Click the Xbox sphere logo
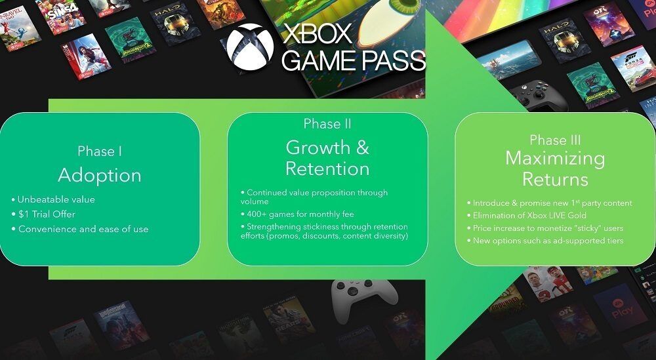tap(250, 47)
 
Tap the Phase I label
tap(100, 151)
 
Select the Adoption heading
tap(100, 175)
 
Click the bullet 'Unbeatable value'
tap(53, 199)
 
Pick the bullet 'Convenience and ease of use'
tap(80, 229)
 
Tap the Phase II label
tap(327, 124)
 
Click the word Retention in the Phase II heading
tap(327, 169)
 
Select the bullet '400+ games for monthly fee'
tap(297, 214)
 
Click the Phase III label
tap(555, 140)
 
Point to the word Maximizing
tap(555, 159)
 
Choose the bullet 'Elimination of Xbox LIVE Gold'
tap(527, 216)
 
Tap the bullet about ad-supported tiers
tap(545, 241)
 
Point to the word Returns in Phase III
tap(555, 179)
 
